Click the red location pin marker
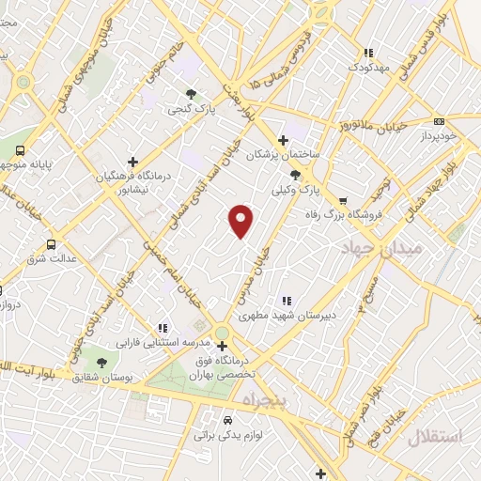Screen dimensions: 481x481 pyautogui.click(x=241, y=220)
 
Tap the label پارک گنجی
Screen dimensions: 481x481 pyautogui.click(x=193, y=110)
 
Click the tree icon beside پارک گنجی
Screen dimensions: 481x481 pyautogui.click(x=192, y=94)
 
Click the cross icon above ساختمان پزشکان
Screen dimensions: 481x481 pyautogui.click(x=283, y=140)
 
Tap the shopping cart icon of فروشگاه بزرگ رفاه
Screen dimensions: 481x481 pyautogui.click(x=343, y=200)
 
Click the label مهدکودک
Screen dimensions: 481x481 pyautogui.click(x=368, y=69)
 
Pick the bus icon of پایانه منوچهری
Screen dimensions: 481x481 pyautogui.click(x=21, y=150)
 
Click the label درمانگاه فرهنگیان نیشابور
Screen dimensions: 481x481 pyautogui.click(x=132, y=181)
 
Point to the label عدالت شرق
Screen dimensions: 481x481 pyautogui.click(x=42, y=257)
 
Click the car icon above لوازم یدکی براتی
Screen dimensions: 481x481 pyautogui.click(x=228, y=420)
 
